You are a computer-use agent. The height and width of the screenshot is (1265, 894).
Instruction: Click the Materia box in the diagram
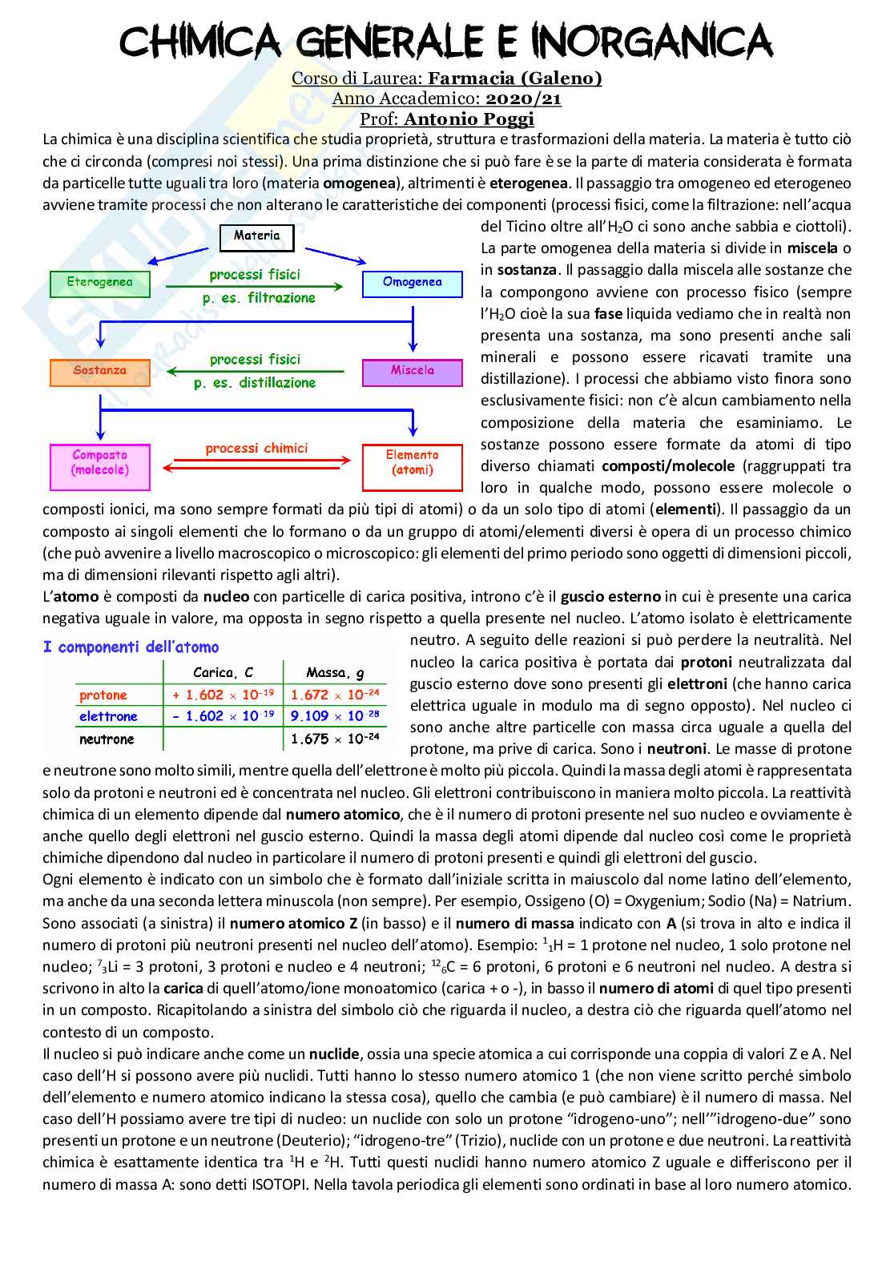257,236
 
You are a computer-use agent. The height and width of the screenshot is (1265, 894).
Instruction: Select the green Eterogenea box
100,284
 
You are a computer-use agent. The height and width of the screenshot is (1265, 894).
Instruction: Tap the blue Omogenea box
413,283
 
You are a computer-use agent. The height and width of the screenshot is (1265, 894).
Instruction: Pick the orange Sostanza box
100,372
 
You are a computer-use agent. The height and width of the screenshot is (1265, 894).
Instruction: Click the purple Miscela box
413,372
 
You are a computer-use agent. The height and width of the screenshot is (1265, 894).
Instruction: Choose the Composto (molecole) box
100,464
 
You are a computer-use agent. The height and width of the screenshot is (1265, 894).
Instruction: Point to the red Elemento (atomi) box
413,464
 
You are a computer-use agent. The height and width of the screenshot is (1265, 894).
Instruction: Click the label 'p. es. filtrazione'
259,299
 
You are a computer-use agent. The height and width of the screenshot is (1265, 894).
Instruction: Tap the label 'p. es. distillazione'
255,384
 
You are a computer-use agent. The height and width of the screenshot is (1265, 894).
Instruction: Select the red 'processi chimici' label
256,449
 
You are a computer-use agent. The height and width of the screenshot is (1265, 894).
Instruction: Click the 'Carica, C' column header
223,673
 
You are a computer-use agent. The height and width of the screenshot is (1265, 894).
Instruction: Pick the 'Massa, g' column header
335,673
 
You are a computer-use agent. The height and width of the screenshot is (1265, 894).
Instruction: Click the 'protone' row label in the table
103,695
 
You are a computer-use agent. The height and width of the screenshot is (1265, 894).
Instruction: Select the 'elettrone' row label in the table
108,717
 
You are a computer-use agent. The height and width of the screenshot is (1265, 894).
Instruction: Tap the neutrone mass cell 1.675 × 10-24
335,739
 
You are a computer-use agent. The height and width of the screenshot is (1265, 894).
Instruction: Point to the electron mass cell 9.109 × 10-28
335,717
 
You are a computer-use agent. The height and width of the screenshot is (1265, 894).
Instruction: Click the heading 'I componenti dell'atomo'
131,647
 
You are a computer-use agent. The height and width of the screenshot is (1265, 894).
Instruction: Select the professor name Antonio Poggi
469,119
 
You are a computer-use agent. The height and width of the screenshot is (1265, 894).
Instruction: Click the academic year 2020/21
524,99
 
